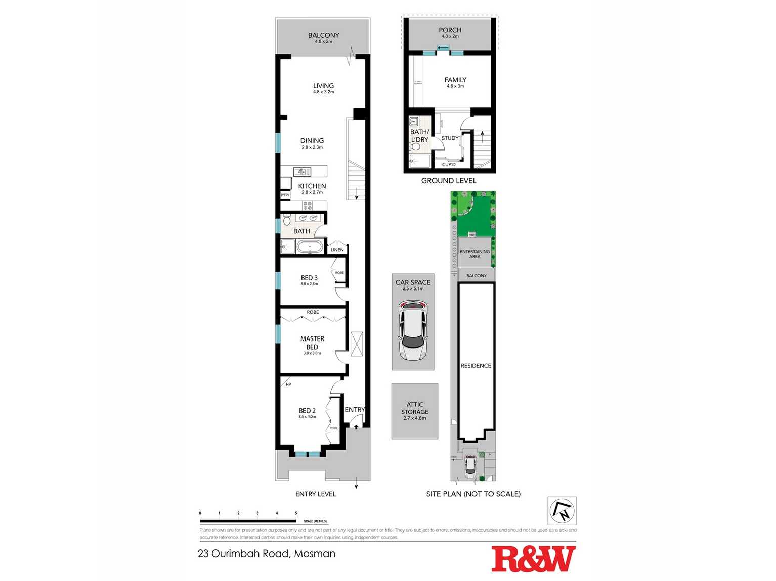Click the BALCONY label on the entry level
pyautogui.click(x=323, y=35)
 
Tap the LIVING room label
pyautogui.click(x=323, y=86)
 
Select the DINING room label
pyautogui.click(x=312, y=141)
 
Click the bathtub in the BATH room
pyautogui.click(x=310, y=247)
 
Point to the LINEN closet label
pyautogui.click(x=337, y=250)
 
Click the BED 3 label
pyautogui.click(x=309, y=278)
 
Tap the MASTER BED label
pyautogui.click(x=312, y=343)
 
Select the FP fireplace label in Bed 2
pyautogui.click(x=288, y=384)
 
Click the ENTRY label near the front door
pyautogui.click(x=355, y=410)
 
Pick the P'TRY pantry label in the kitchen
pyautogui.click(x=285, y=195)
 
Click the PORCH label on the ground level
pyautogui.click(x=450, y=30)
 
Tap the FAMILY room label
pyautogui.click(x=455, y=80)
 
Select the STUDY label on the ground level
pyautogui.click(x=450, y=138)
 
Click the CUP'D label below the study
pyautogui.click(x=449, y=165)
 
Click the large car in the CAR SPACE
pyautogui.click(x=413, y=331)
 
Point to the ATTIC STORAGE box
pyautogui.click(x=415, y=411)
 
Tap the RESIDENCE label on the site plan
pyautogui.click(x=476, y=366)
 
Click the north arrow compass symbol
pyautogui.click(x=562, y=511)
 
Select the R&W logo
pyautogui.click(x=533, y=559)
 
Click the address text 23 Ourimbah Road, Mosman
pyautogui.click(x=267, y=554)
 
